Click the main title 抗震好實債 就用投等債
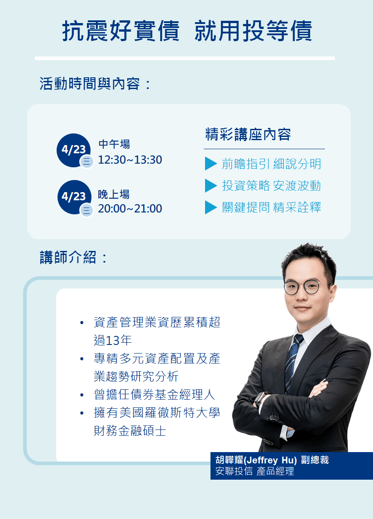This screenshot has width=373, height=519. (x=187, y=31)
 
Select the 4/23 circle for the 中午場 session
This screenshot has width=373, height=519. (x=74, y=150)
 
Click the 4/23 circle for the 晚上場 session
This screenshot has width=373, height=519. (x=74, y=197)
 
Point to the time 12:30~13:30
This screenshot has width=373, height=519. (x=130, y=160)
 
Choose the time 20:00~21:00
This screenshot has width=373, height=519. (x=130, y=208)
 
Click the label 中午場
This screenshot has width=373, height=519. (x=115, y=144)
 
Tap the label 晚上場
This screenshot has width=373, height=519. (x=114, y=194)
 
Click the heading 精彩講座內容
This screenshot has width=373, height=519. (x=248, y=134)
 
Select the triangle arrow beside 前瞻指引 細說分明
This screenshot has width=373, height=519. (x=210, y=164)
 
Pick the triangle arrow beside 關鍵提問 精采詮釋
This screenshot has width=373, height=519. (x=210, y=207)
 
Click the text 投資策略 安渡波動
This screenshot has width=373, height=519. (x=272, y=185)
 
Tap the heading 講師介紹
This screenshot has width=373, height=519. (x=68, y=258)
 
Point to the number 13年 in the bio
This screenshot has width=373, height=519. (x=119, y=340)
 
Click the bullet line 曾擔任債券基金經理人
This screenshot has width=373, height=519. (x=154, y=395)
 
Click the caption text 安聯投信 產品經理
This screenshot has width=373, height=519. (x=255, y=471)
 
